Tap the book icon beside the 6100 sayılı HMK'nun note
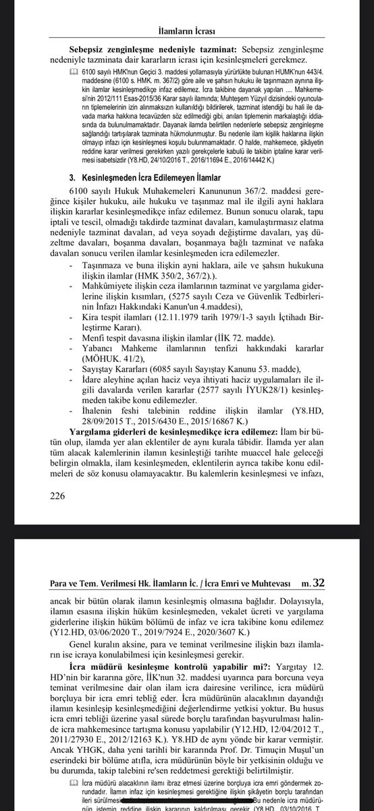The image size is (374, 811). [x=74, y=72]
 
